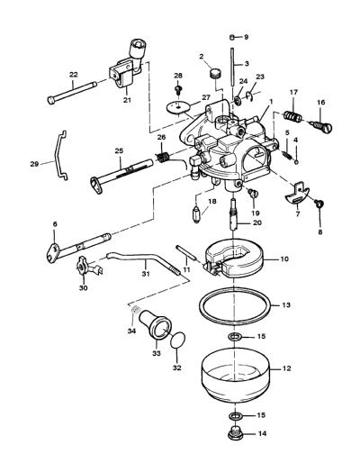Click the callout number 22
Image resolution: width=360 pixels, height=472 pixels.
click(74, 75)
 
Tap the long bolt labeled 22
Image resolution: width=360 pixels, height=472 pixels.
click(72, 93)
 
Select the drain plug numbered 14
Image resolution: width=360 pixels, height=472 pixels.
click(236, 433)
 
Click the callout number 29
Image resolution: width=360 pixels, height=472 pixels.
click(34, 164)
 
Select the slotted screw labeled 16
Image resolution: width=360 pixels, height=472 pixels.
click(321, 127)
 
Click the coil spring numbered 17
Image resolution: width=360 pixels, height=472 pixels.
click(292, 117)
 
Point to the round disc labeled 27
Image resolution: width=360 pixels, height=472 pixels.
click(178, 107)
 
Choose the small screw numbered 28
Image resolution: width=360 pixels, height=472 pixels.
click(178, 90)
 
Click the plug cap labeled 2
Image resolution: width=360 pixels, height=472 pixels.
click(214, 74)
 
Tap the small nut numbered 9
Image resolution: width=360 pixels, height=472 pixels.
click(232, 37)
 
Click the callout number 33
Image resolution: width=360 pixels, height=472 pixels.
click(157, 353)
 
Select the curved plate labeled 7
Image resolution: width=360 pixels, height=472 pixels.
click(297, 195)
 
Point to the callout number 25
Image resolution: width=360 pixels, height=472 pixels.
click(119, 150)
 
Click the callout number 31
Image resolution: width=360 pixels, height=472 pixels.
click(146, 273)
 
